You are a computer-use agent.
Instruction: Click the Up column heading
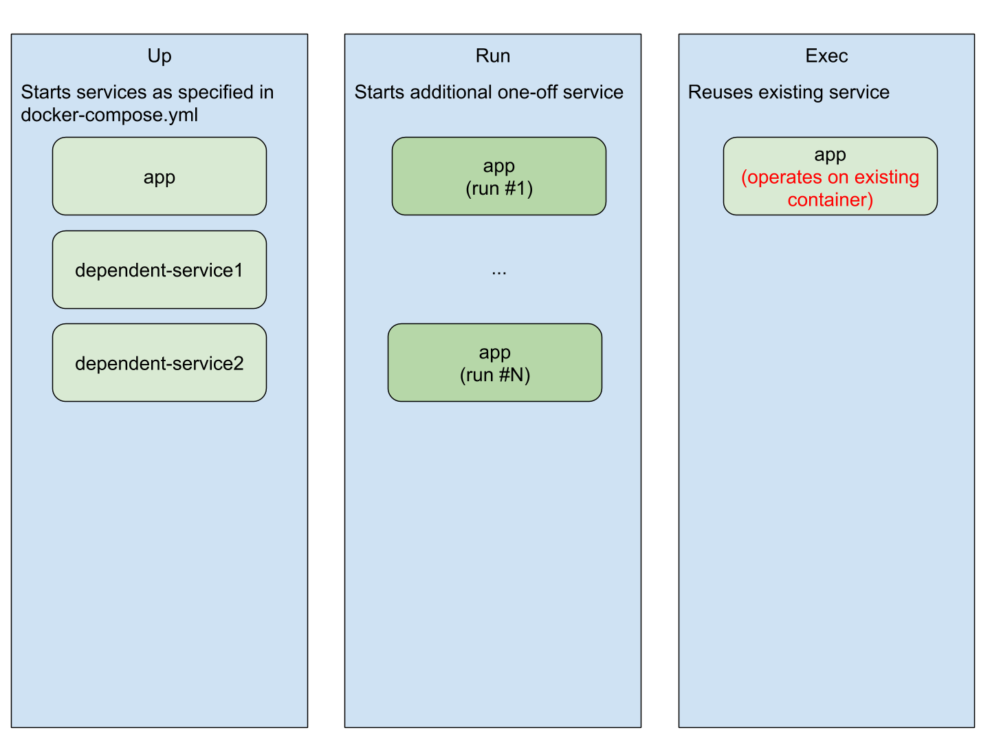coord(159,56)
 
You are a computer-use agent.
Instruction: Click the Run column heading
coord(492,56)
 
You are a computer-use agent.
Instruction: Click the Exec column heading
coord(826,56)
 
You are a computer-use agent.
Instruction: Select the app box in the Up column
coord(159,177)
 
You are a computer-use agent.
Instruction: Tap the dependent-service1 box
coord(159,270)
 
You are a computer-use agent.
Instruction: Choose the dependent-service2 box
coord(159,363)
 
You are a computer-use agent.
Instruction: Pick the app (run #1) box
coord(498,176)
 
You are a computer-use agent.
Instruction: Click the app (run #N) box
coord(494,363)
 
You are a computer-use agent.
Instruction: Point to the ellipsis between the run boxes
coord(498,272)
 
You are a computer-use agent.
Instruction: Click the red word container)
coord(830,200)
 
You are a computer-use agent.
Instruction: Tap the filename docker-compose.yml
coord(109,115)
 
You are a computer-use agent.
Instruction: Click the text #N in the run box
coord(513,375)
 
